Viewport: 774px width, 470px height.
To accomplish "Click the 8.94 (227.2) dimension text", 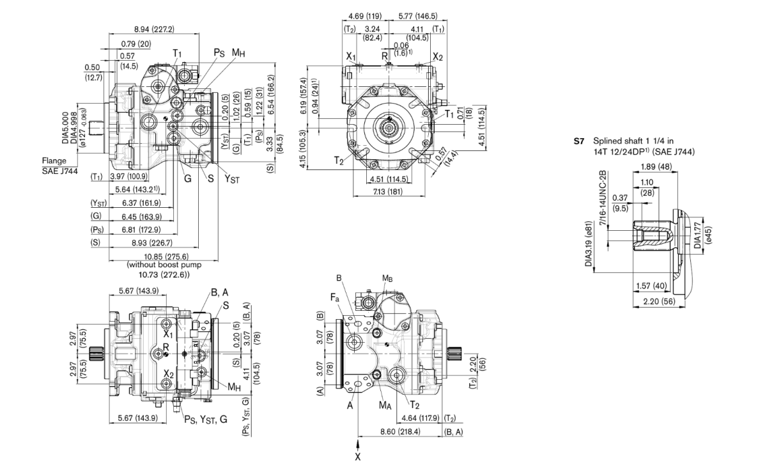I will [x=153, y=29].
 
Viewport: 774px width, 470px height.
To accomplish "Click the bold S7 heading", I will [x=578, y=140].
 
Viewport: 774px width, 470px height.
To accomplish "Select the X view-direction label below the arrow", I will [x=358, y=457].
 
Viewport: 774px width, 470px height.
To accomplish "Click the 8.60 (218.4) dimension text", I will [x=399, y=432].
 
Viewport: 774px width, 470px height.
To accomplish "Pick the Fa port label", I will [x=334, y=298].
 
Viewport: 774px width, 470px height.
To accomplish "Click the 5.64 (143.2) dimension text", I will [x=141, y=189].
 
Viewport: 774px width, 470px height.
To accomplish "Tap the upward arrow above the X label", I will [x=358, y=443].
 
